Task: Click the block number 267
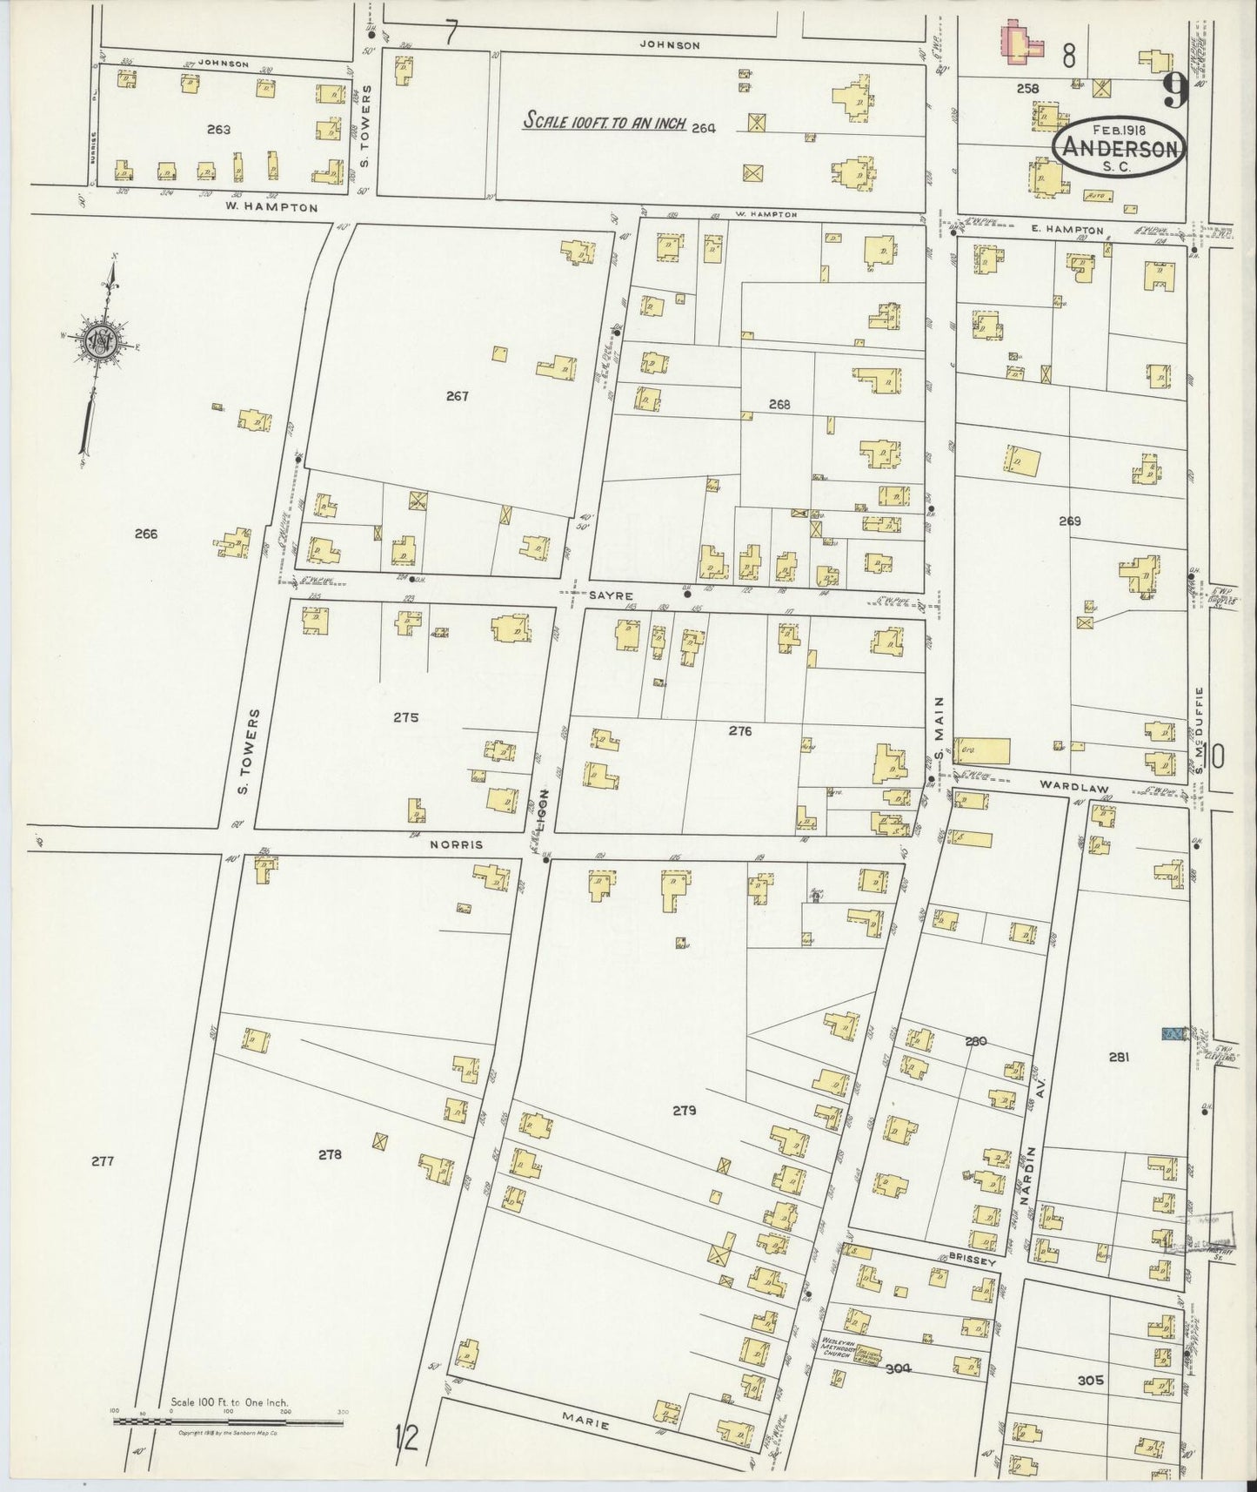[458, 397]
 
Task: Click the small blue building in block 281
[1174, 1033]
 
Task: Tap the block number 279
[685, 1110]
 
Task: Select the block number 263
[219, 130]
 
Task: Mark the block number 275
[405, 718]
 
